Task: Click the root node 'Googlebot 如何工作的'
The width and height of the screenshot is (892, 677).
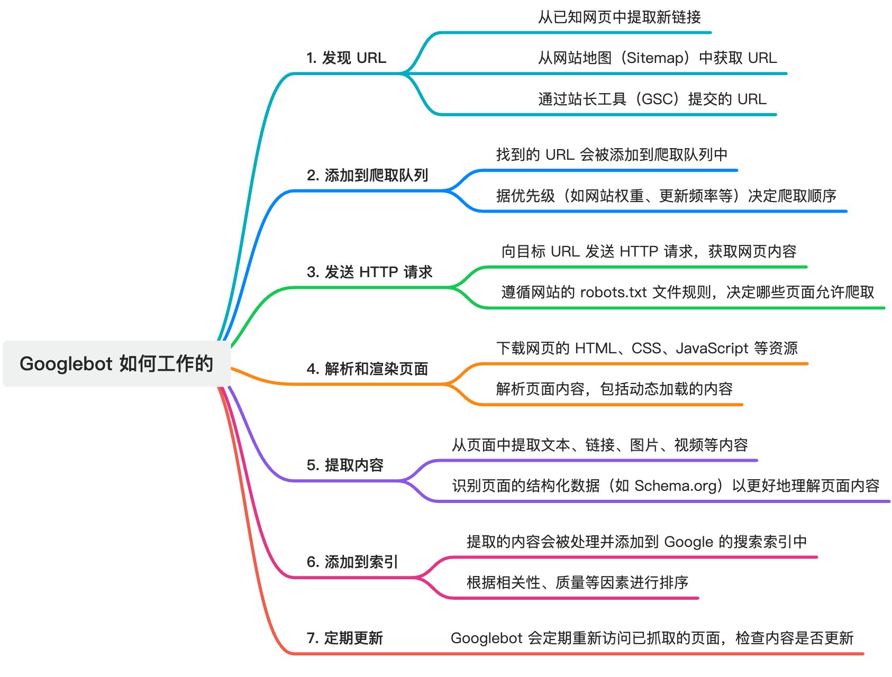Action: point(116,364)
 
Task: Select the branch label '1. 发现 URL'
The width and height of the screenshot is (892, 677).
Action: point(346,58)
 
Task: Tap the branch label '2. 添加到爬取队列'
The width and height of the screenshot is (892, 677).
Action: point(367,175)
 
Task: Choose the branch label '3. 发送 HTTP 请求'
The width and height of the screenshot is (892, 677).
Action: point(369,272)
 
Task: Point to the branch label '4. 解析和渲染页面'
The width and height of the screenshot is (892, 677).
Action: point(367,369)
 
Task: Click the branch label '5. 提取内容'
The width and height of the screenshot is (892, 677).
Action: point(345,465)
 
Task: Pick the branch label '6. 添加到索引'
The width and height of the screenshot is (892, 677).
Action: point(352,562)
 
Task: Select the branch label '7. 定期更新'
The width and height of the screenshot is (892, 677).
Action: point(344,638)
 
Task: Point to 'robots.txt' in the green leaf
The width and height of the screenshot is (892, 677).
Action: point(613,292)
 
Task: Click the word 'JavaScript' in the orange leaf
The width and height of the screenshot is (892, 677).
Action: point(712,348)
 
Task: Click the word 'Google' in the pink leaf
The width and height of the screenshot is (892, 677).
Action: point(688,542)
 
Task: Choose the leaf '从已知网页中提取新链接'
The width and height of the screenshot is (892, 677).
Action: point(619,17)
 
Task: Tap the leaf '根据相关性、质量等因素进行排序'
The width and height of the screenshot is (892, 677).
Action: point(577,582)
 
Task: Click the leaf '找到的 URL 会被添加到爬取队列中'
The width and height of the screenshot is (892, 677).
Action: point(612,154)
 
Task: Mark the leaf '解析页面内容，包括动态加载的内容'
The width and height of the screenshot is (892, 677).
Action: point(614,389)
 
